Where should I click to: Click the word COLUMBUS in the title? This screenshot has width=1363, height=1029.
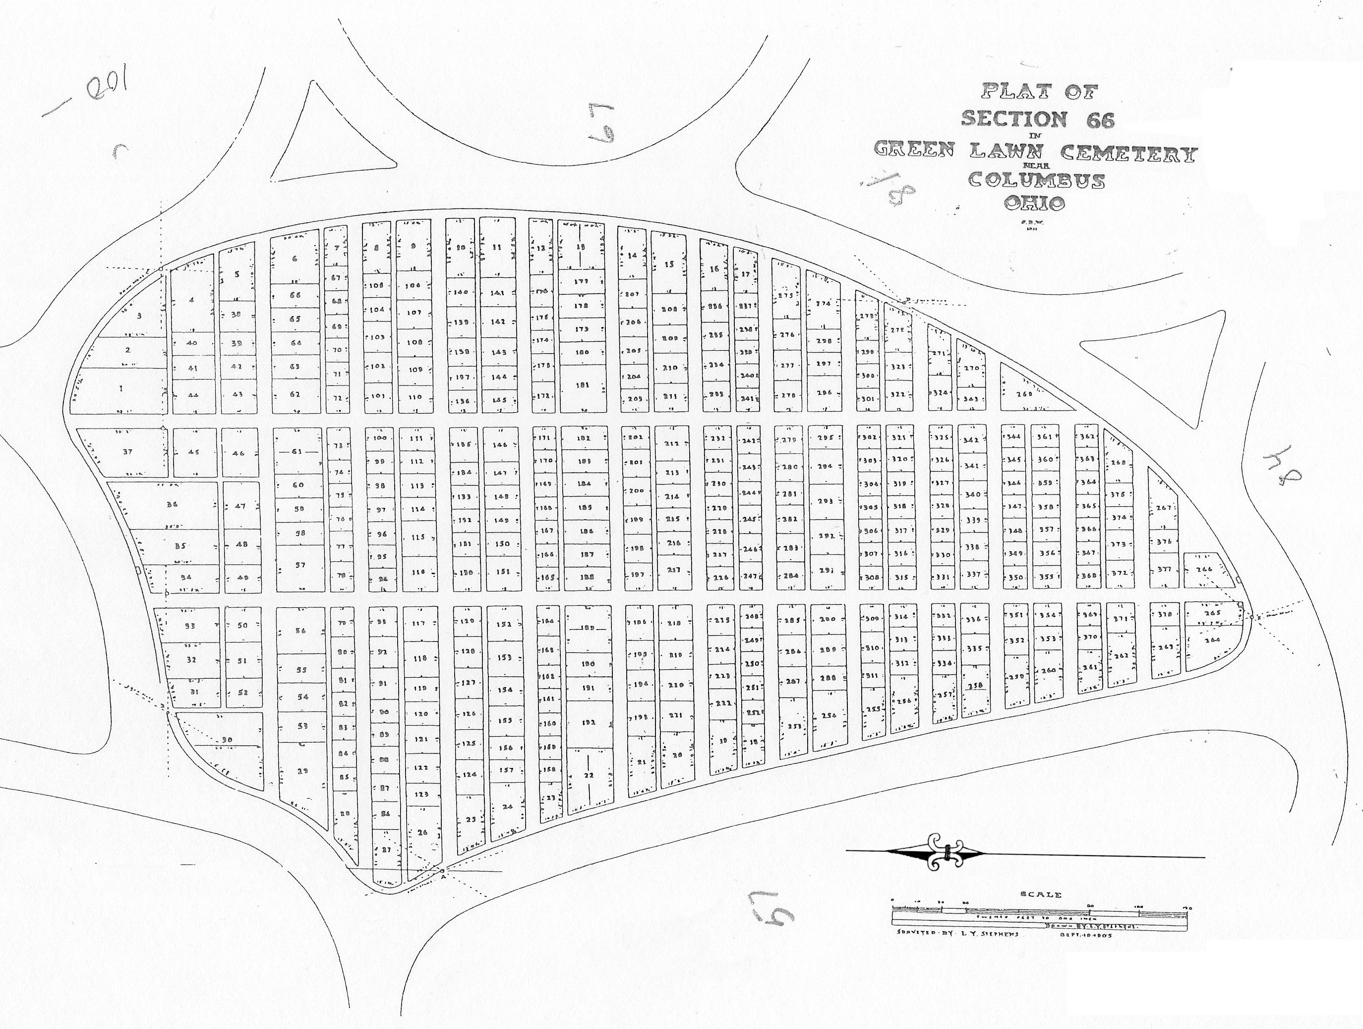(1036, 180)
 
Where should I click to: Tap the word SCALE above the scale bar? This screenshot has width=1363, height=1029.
(1041, 895)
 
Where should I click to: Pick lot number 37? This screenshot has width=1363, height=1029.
(127, 451)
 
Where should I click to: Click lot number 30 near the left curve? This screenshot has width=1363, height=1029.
(227, 740)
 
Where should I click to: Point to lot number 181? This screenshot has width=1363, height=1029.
(582, 385)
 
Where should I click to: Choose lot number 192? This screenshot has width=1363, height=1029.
(589, 723)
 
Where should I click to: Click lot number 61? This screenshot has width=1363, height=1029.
(297, 451)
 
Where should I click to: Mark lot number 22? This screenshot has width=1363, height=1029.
(589, 775)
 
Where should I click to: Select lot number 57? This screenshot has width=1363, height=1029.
(300, 565)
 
